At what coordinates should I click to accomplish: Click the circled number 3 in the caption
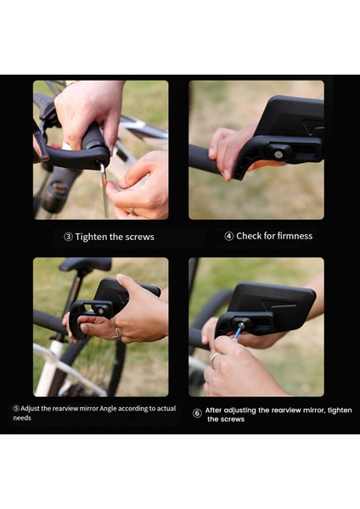(68, 237)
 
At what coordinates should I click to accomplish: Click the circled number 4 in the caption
(228, 236)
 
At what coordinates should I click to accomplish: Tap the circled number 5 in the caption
(16, 408)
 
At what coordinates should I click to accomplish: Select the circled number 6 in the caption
(197, 413)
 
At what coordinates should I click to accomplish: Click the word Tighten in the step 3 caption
(92, 237)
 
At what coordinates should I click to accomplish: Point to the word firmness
(295, 236)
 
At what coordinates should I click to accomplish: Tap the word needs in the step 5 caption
(22, 417)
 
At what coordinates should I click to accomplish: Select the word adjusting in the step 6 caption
(240, 411)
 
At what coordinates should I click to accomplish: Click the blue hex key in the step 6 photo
(238, 332)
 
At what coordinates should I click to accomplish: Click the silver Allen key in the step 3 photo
(104, 190)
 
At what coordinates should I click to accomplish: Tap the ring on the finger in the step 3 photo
(132, 211)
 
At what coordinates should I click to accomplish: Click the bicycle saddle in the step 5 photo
(85, 264)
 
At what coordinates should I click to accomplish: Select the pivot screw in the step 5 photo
(101, 311)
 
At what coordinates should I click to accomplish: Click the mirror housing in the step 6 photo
(274, 305)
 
